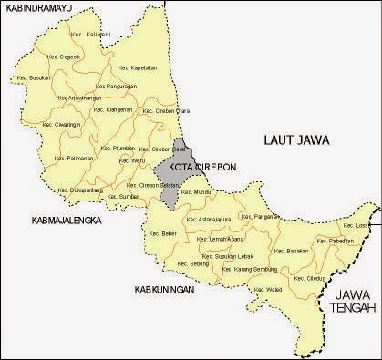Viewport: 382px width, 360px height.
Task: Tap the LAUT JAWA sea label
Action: pyautogui.click(x=293, y=140)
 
